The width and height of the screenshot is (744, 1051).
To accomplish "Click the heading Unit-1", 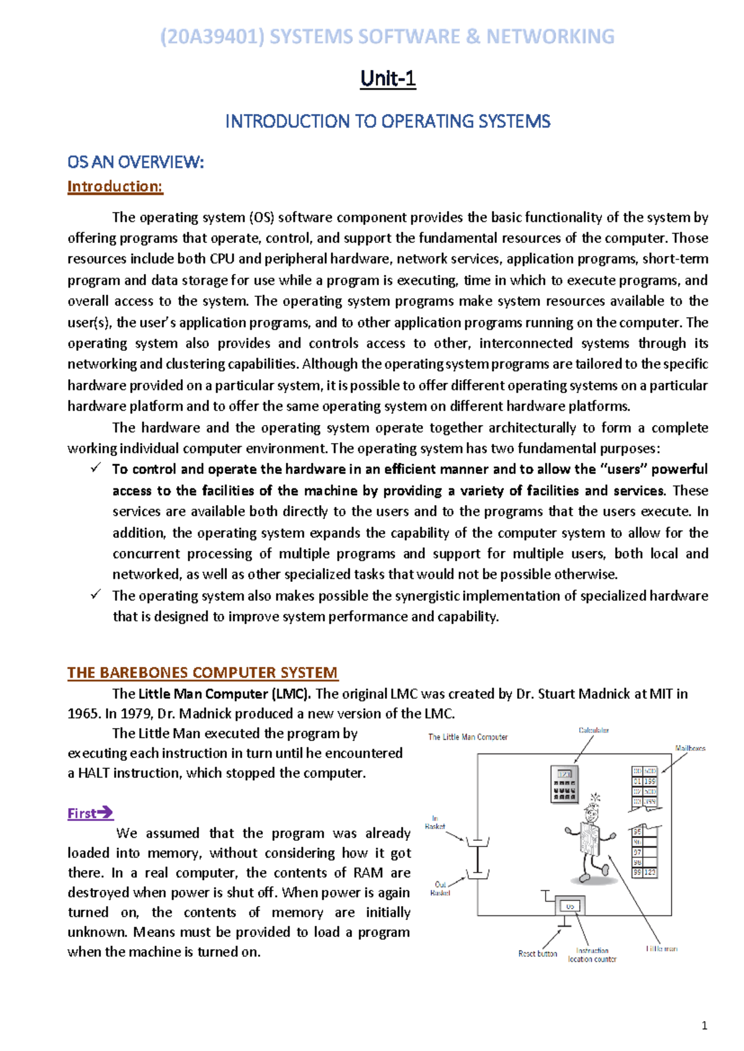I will (387, 79).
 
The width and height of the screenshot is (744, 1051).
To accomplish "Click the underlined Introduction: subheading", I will (115, 187).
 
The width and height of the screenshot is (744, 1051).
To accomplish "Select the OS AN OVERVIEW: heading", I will (135, 162).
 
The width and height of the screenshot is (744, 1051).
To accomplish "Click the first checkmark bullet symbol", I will (95, 468).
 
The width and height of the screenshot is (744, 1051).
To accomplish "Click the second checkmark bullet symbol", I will (95, 595).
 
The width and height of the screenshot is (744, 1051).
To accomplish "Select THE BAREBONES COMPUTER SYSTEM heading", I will (202, 672).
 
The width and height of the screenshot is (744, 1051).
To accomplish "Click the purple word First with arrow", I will (90, 813).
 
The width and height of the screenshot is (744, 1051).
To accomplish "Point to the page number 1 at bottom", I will (704, 1026).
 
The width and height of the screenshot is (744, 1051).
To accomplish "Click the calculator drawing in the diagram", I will (564, 784).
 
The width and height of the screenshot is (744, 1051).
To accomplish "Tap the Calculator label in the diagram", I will (593, 731).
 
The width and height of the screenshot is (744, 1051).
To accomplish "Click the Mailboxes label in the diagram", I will (690, 749).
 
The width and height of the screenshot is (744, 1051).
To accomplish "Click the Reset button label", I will (538, 954).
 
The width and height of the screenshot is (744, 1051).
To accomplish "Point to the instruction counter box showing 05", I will (570, 906).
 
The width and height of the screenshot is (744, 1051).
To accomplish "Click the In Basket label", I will (435, 822).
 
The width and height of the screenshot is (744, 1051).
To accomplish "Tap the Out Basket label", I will (440, 889).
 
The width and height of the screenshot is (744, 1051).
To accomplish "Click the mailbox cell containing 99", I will (637, 873).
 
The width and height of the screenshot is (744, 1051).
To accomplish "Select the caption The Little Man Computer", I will (467, 737).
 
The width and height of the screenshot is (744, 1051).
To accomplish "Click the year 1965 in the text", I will (83, 713).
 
